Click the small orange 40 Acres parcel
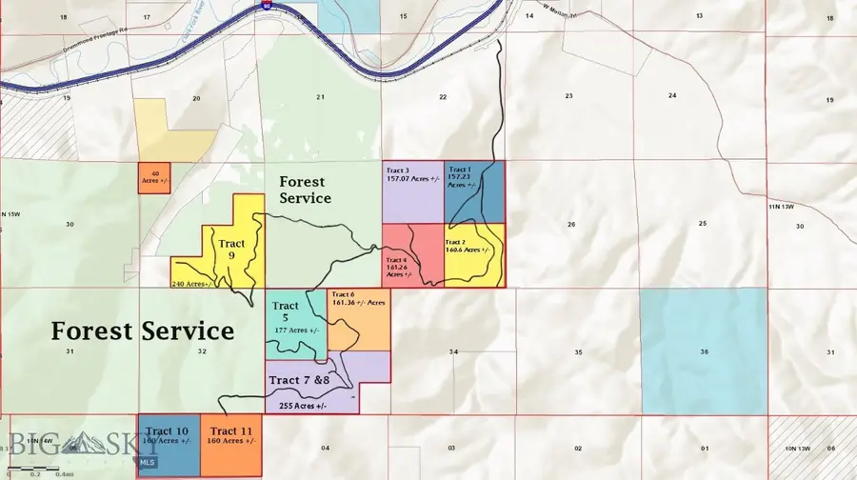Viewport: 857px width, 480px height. click(154, 177)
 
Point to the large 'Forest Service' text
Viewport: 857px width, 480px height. click(142, 330)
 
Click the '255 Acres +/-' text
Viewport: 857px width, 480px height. click(303, 406)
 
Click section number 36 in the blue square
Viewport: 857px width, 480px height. click(703, 352)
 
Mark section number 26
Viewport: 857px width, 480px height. click(570, 225)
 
